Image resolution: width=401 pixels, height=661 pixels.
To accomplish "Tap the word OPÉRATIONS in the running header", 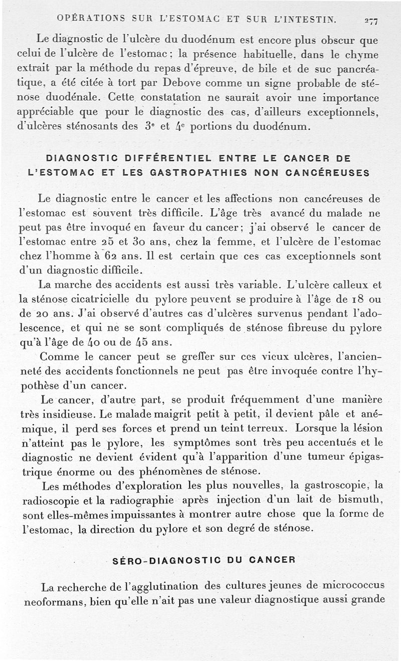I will (87, 20).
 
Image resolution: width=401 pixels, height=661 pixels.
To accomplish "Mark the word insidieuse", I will (70, 414).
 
